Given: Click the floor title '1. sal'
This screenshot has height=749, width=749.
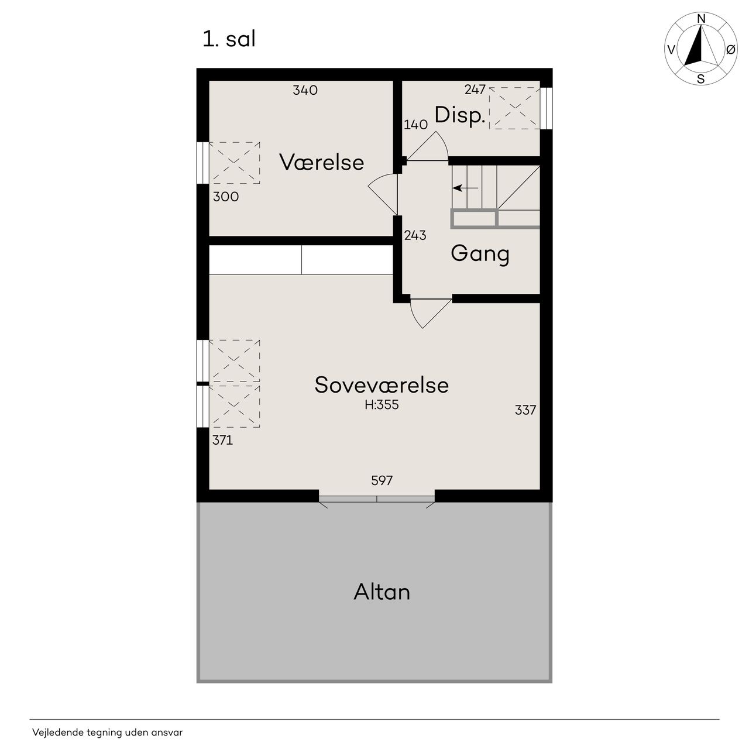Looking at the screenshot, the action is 229,39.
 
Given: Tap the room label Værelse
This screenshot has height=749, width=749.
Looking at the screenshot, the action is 321,162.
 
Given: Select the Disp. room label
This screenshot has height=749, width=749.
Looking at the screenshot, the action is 460,115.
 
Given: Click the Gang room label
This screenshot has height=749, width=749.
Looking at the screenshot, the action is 480,254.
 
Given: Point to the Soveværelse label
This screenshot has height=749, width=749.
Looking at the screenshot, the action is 382,385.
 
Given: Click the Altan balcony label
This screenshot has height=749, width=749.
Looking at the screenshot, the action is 382,592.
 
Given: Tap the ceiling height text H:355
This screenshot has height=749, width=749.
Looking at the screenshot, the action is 382,404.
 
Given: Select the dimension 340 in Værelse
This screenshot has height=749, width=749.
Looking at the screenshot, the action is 305,90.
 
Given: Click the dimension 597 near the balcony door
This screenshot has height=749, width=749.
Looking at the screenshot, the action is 382,480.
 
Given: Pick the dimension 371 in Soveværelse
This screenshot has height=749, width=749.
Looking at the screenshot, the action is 222,440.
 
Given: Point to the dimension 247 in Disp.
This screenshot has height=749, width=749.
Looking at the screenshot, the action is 475,90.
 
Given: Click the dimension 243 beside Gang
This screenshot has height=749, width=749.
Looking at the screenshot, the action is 415,235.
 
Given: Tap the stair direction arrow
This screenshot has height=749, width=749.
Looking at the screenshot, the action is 465,188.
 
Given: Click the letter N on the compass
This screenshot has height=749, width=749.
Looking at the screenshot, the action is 701,19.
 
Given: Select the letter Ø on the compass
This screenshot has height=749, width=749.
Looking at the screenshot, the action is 730,49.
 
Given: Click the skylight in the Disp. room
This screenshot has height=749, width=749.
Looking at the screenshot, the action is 514,108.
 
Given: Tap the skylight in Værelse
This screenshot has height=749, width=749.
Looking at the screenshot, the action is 235,163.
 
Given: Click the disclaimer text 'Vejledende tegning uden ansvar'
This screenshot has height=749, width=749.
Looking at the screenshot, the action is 107,732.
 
